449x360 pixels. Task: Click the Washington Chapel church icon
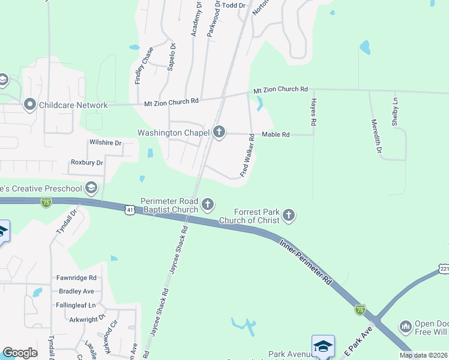point(219,132)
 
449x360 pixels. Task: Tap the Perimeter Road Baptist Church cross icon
point(208,205)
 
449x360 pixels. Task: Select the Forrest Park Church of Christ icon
point(289,215)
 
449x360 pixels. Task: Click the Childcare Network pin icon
point(29,105)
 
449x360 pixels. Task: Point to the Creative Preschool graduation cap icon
point(91,188)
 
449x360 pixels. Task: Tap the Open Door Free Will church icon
point(405,326)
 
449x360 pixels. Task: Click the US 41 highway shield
point(130,209)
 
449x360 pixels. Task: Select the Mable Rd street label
point(275,134)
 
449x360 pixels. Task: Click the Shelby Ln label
point(394,112)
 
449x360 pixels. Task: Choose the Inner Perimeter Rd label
point(306,262)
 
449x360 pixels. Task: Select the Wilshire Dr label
point(105,143)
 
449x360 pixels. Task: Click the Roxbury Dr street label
point(87,162)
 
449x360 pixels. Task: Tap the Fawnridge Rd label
point(76,278)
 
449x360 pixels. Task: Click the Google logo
point(20,353)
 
